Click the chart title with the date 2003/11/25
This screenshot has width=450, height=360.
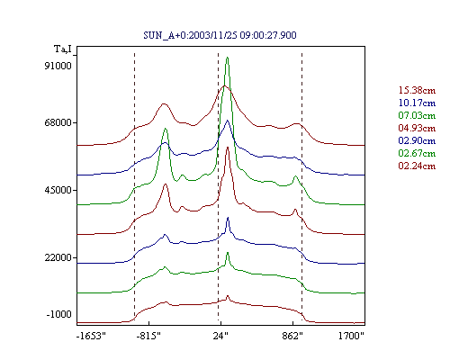(x=220, y=35)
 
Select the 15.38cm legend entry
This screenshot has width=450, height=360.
(x=417, y=90)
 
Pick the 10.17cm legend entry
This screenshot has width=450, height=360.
(x=417, y=103)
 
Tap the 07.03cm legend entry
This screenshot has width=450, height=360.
(x=417, y=115)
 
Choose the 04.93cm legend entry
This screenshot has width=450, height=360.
(x=417, y=128)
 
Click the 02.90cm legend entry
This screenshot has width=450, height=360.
(x=417, y=140)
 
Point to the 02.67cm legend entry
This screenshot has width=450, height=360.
(x=417, y=153)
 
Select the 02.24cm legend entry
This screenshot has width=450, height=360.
(x=417, y=166)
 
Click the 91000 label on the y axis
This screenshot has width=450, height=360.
(x=58, y=66)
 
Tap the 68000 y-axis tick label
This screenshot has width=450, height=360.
(x=58, y=122)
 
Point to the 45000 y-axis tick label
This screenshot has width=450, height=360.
(x=58, y=190)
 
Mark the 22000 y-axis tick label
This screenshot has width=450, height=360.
(x=58, y=257)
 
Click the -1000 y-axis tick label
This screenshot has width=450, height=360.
(x=59, y=314)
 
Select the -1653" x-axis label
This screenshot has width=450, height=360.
(x=91, y=336)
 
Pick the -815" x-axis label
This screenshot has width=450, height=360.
(x=148, y=336)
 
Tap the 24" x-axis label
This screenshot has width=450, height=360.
(x=220, y=336)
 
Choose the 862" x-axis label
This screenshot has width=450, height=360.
(x=292, y=336)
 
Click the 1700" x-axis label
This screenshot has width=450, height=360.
(x=351, y=336)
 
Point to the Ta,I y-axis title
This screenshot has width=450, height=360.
(x=63, y=49)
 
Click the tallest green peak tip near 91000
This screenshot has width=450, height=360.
(x=228, y=58)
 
